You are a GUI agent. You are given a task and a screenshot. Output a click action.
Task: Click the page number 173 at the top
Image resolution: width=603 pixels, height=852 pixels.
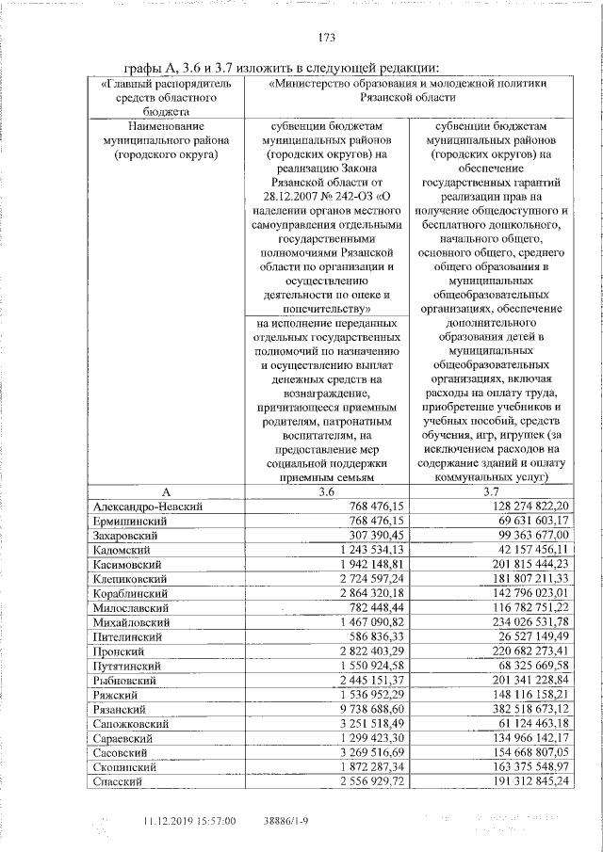[x=327, y=38]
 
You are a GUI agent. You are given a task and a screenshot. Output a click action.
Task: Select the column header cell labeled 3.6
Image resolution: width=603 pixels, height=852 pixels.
[x=326, y=491]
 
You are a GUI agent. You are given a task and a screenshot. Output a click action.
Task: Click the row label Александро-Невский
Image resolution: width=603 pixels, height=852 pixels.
[x=149, y=506]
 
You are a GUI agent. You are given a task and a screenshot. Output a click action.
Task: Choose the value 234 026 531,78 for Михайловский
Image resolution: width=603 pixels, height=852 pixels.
[x=526, y=622]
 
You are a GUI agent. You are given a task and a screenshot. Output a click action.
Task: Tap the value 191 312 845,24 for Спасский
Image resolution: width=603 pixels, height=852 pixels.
[x=526, y=782]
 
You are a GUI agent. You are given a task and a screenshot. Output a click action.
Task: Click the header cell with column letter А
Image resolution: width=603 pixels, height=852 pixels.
[x=165, y=491]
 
